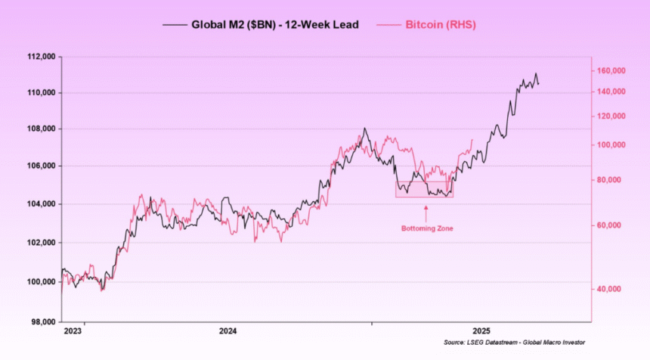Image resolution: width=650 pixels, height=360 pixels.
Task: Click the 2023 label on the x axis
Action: tap(74, 331)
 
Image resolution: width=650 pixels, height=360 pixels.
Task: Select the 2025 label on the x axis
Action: tap(481, 331)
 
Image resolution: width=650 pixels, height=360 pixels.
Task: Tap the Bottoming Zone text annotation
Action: tap(426, 228)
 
